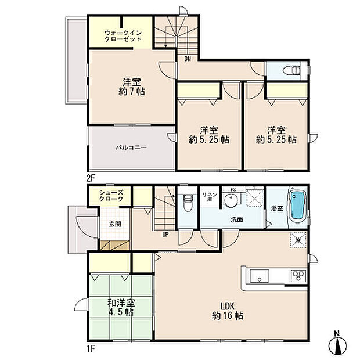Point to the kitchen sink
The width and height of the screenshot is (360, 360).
(x=260, y=276)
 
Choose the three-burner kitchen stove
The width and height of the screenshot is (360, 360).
(x=298, y=276)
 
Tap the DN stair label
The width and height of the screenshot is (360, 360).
(x=188, y=59)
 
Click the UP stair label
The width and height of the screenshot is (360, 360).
(x=165, y=235)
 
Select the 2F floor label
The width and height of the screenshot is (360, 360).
(x=91, y=178)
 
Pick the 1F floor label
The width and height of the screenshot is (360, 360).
(x=91, y=349)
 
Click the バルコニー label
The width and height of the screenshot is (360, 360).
(x=131, y=147)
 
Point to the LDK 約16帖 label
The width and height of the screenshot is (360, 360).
(x=227, y=311)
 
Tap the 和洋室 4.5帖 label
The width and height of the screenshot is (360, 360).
(x=121, y=307)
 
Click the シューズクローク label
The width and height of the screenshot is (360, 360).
(x=111, y=196)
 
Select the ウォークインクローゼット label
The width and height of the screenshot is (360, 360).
(x=123, y=36)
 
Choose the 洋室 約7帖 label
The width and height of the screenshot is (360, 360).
(x=132, y=87)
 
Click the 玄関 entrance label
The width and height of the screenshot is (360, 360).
(x=115, y=224)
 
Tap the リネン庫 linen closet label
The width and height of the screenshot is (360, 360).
(x=210, y=197)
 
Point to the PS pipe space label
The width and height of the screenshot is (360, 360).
(x=233, y=190)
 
